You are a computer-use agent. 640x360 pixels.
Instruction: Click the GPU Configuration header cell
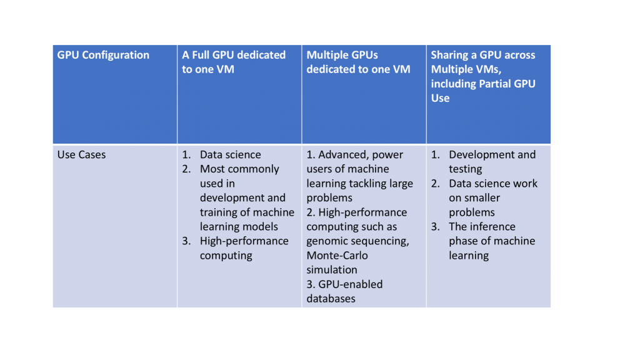click(103, 55)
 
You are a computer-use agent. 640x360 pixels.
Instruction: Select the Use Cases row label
click(81, 154)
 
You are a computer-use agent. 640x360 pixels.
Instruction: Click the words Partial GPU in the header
click(503, 84)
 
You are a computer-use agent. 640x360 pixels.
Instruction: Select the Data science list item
click(230, 154)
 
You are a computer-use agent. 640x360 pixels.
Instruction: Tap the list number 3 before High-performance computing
click(186, 241)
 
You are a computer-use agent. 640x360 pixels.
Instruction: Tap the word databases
click(331, 299)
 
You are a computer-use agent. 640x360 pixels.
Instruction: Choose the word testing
click(465, 169)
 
